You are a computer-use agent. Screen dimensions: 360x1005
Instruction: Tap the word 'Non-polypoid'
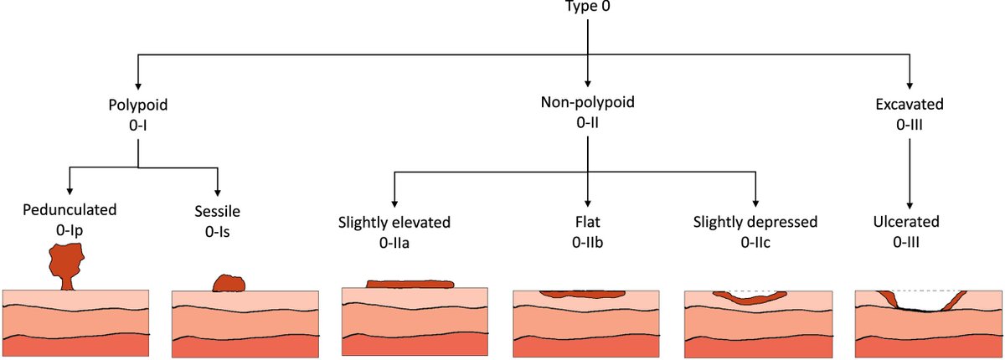click(x=587, y=105)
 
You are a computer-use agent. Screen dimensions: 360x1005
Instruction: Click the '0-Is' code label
click(x=218, y=230)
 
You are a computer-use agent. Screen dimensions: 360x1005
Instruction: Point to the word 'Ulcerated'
click(x=908, y=223)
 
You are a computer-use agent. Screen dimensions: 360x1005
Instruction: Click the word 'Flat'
click(x=587, y=223)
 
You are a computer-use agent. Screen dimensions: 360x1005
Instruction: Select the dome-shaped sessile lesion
click(x=229, y=284)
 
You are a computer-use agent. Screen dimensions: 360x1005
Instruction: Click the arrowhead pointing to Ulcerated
click(x=908, y=203)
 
